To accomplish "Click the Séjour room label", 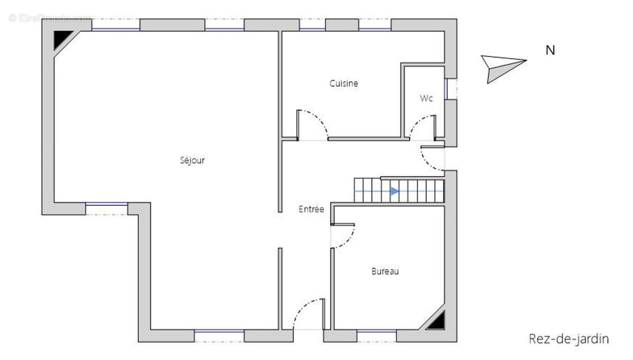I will (x=192, y=160).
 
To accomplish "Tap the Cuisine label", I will (x=344, y=83).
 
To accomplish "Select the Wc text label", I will (x=427, y=98).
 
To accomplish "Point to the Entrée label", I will (x=311, y=209).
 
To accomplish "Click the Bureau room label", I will (x=385, y=271).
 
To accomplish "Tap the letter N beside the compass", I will (x=550, y=51).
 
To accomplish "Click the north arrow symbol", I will (x=502, y=67).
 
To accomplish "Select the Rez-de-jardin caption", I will (x=569, y=339).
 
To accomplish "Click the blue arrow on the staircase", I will (x=394, y=191).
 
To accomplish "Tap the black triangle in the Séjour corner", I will (x=62, y=39).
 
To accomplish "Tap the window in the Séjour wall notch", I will (x=107, y=206).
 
